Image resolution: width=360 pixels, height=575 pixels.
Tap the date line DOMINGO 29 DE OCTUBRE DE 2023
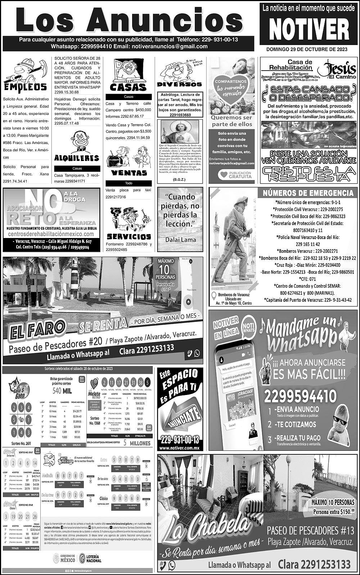pos(307,49)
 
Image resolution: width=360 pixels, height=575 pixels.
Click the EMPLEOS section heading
pos(26,87)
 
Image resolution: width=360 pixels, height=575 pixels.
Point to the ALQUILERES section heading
pos(76,158)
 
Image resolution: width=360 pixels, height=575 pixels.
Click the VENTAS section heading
pos(129,173)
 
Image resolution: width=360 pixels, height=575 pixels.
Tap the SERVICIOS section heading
pos(129,237)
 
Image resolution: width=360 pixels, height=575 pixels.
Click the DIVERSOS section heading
pos(179,84)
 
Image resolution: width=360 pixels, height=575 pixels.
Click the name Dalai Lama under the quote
pos(181,239)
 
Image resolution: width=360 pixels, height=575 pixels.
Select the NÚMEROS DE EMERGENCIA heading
pos(308,193)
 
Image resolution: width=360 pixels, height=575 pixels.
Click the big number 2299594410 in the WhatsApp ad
pos(300,397)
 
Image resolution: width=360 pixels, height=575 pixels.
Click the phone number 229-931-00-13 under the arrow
pos(179,440)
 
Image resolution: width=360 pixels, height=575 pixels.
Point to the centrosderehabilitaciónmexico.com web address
pos(51,234)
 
